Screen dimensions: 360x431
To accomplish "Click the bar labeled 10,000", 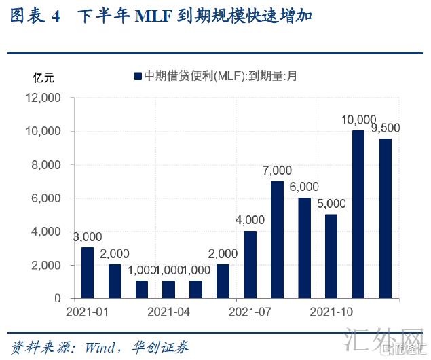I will click(x=358, y=214).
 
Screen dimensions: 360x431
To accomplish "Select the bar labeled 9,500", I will click(x=386, y=218).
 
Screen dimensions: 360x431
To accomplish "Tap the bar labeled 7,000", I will click(x=277, y=240).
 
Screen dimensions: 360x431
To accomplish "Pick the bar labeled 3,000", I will click(x=88, y=272).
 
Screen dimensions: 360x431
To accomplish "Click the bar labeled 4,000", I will click(x=250, y=264).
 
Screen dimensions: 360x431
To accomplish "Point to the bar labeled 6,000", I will click(x=304, y=248).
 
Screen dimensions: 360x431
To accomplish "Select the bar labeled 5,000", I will click(x=331, y=256).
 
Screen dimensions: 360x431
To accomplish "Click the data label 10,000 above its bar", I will click(x=358, y=120).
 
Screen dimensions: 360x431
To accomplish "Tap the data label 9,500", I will click(x=386, y=128).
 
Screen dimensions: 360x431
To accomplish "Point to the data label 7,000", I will click(x=277, y=170).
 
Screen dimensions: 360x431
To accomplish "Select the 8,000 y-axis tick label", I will click(x=46, y=164).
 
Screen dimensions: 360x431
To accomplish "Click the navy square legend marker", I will click(x=138, y=76).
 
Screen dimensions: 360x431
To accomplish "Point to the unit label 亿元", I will click(x=44, y=77).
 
